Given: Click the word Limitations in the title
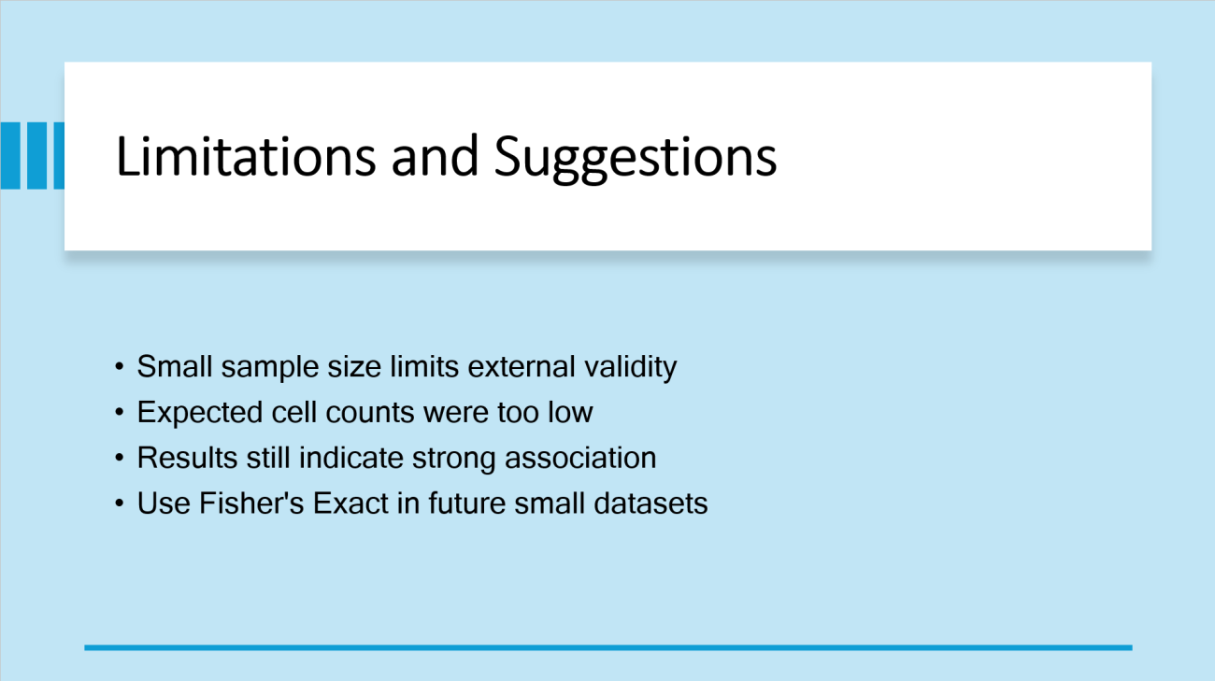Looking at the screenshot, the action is point(246,157).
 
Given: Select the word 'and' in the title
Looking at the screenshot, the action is point(435,157).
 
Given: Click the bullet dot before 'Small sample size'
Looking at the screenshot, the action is point(120,366).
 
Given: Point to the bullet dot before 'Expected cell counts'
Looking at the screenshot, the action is point(120,412).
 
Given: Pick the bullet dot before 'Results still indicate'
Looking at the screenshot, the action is point(120,458).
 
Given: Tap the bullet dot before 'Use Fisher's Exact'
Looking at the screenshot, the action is point(120,504).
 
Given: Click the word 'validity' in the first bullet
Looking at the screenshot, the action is point(630,368).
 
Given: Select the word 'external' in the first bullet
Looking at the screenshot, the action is point(522,366).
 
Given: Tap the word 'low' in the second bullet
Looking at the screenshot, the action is point(570,412).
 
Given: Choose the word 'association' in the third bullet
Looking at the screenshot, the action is point(580,458).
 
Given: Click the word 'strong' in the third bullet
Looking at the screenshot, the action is point(454,460).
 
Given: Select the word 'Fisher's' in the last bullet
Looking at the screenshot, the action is point(251,504).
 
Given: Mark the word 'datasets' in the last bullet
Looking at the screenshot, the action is point(650,504).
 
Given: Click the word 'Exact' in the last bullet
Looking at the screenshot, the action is point(350,504).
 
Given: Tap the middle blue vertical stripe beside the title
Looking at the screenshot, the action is point(36,156).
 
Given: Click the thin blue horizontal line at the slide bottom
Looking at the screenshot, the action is point(608,647).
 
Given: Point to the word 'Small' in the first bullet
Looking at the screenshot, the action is point(175,366).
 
